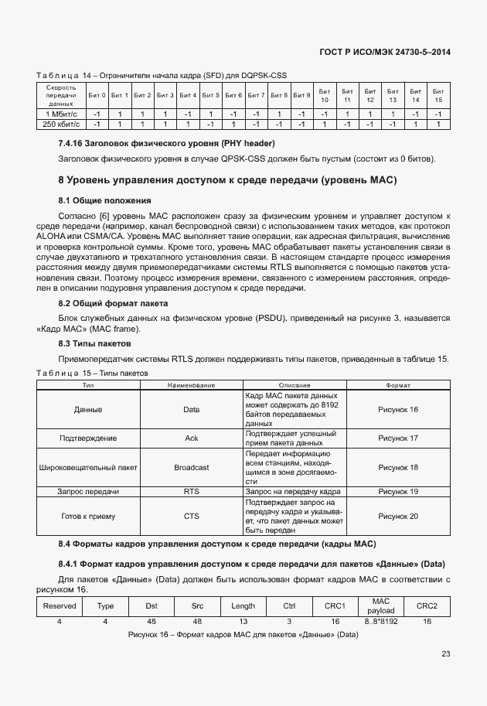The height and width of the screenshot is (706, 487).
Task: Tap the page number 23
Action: tap(445, 654)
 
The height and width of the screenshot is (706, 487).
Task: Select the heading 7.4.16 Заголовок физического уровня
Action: tap(166, 144)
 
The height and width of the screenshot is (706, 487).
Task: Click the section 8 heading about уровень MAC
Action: tap(227, 180)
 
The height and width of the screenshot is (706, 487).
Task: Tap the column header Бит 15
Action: tap(438, 95)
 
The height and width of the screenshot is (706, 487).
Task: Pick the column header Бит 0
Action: tap(97, 95)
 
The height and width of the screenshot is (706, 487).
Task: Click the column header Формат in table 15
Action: tap(398, 384)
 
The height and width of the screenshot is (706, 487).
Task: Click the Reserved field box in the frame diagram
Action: tap(60, 605)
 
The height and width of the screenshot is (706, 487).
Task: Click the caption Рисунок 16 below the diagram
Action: tap(243, 635)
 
